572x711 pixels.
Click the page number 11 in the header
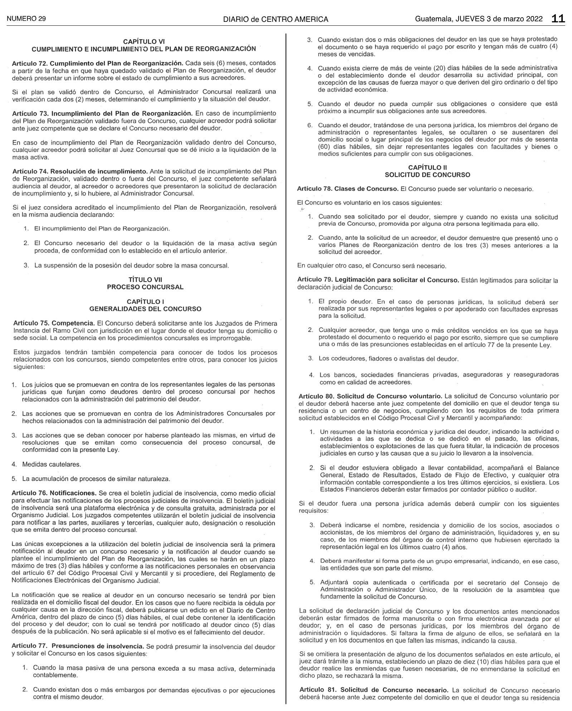[558, 19]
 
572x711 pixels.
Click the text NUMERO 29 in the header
[26, 19]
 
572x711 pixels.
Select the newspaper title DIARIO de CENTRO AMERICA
[275, 19]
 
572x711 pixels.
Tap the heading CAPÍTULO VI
[144, 42]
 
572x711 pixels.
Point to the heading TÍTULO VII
[145, 280]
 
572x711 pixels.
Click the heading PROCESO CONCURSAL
[145, 287]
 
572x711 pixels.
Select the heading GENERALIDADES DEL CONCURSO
[145, 309]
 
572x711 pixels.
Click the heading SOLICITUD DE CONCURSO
[427, 175]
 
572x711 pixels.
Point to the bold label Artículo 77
[29, 647]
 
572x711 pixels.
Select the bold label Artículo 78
[313, 189]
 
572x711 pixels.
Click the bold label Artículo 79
[314, 280]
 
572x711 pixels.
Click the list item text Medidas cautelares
[52, 465]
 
